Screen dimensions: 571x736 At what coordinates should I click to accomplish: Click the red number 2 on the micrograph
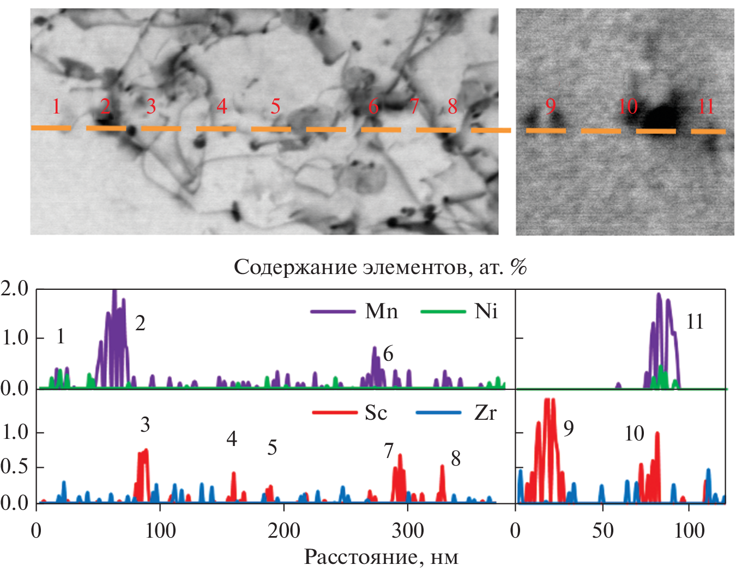click(x=105, y=106)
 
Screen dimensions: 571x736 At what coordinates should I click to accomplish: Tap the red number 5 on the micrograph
click(x=276, y=106)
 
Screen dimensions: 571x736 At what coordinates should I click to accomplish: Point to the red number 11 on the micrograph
click(x=706, y=106)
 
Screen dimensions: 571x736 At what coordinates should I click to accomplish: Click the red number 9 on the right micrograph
click(x=551, y=105)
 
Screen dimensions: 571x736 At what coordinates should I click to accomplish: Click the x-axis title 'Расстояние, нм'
click(x=381, y=557)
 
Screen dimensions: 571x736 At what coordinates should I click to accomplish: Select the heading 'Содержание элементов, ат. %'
click(x=381, y=267)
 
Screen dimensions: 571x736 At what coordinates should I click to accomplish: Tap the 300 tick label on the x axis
click(x=408, y=531)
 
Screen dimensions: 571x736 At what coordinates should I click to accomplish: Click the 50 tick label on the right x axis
click(x=602, y=531)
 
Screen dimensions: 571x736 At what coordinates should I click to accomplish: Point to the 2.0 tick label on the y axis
click(x=15, y=289)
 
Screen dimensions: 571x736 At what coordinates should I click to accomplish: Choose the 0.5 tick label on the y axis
click(x=15, y=467)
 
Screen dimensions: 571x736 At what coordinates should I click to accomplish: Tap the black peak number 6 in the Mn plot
click(x=388, y=354)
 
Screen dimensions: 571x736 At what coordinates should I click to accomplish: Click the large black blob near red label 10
click(x=662, y=116)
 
